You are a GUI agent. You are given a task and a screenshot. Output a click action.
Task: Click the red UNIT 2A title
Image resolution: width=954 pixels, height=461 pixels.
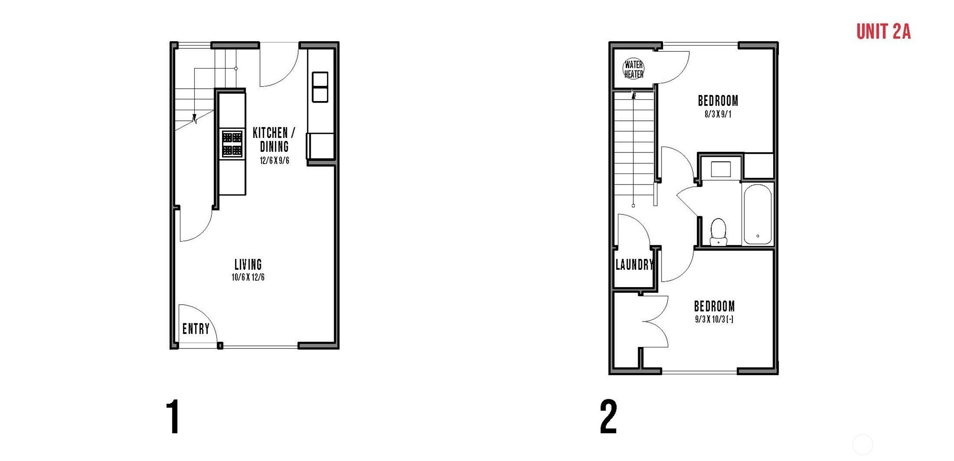point(883,32)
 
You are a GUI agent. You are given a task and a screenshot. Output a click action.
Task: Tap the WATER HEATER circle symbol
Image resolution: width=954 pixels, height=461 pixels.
point(633,69)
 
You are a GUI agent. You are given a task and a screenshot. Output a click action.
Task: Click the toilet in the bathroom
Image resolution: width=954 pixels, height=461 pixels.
point(718,231)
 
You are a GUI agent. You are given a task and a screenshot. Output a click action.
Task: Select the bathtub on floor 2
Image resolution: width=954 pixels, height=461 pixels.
point(758,214)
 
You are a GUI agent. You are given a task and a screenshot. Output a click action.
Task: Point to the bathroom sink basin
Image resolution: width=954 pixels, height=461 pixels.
point(720,169)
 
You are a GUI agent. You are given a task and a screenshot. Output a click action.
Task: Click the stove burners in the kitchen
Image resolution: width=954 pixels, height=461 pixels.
point(232,143)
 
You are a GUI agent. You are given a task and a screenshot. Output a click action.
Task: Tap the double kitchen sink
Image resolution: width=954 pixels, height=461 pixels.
point(320,87)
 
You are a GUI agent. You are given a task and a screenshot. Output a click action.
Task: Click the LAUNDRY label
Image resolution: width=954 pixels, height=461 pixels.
point(634,265)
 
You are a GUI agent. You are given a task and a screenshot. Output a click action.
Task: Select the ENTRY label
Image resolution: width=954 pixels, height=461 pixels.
point(196,329)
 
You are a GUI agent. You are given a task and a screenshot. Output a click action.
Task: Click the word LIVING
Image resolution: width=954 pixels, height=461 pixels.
point(248,265)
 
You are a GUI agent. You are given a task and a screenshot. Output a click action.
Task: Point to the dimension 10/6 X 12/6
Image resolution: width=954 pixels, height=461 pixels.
point(248,277)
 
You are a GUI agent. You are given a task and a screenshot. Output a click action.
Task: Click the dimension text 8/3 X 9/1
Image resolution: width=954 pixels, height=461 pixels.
point(718,115)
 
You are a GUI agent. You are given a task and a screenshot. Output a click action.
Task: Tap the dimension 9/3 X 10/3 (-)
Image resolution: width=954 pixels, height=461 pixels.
point(714,320)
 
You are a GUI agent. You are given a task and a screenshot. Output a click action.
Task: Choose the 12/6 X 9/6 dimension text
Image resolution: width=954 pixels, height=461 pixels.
point(274,161)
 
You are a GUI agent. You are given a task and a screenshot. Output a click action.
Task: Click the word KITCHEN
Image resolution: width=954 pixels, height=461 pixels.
point(270,133)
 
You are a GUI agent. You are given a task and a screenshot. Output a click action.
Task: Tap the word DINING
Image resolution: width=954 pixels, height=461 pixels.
point(274,147)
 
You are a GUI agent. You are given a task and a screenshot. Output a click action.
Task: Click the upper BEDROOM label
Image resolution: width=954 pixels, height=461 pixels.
point(718,101)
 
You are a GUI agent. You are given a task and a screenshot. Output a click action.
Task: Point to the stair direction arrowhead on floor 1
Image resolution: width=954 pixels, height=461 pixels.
point(194,119)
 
